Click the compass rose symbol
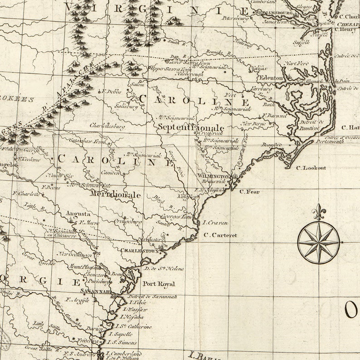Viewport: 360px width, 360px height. click(318, 242)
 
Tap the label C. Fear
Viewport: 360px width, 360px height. click(249, 192)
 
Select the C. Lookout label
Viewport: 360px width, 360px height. click(311, 168)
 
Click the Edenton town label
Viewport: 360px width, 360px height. click(272, 78)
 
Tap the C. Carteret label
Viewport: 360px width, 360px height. click(220, 235)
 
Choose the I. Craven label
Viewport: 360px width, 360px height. click(215, 223)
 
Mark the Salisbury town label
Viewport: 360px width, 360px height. click(126, 107)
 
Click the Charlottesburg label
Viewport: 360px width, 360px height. click(107, 126)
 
